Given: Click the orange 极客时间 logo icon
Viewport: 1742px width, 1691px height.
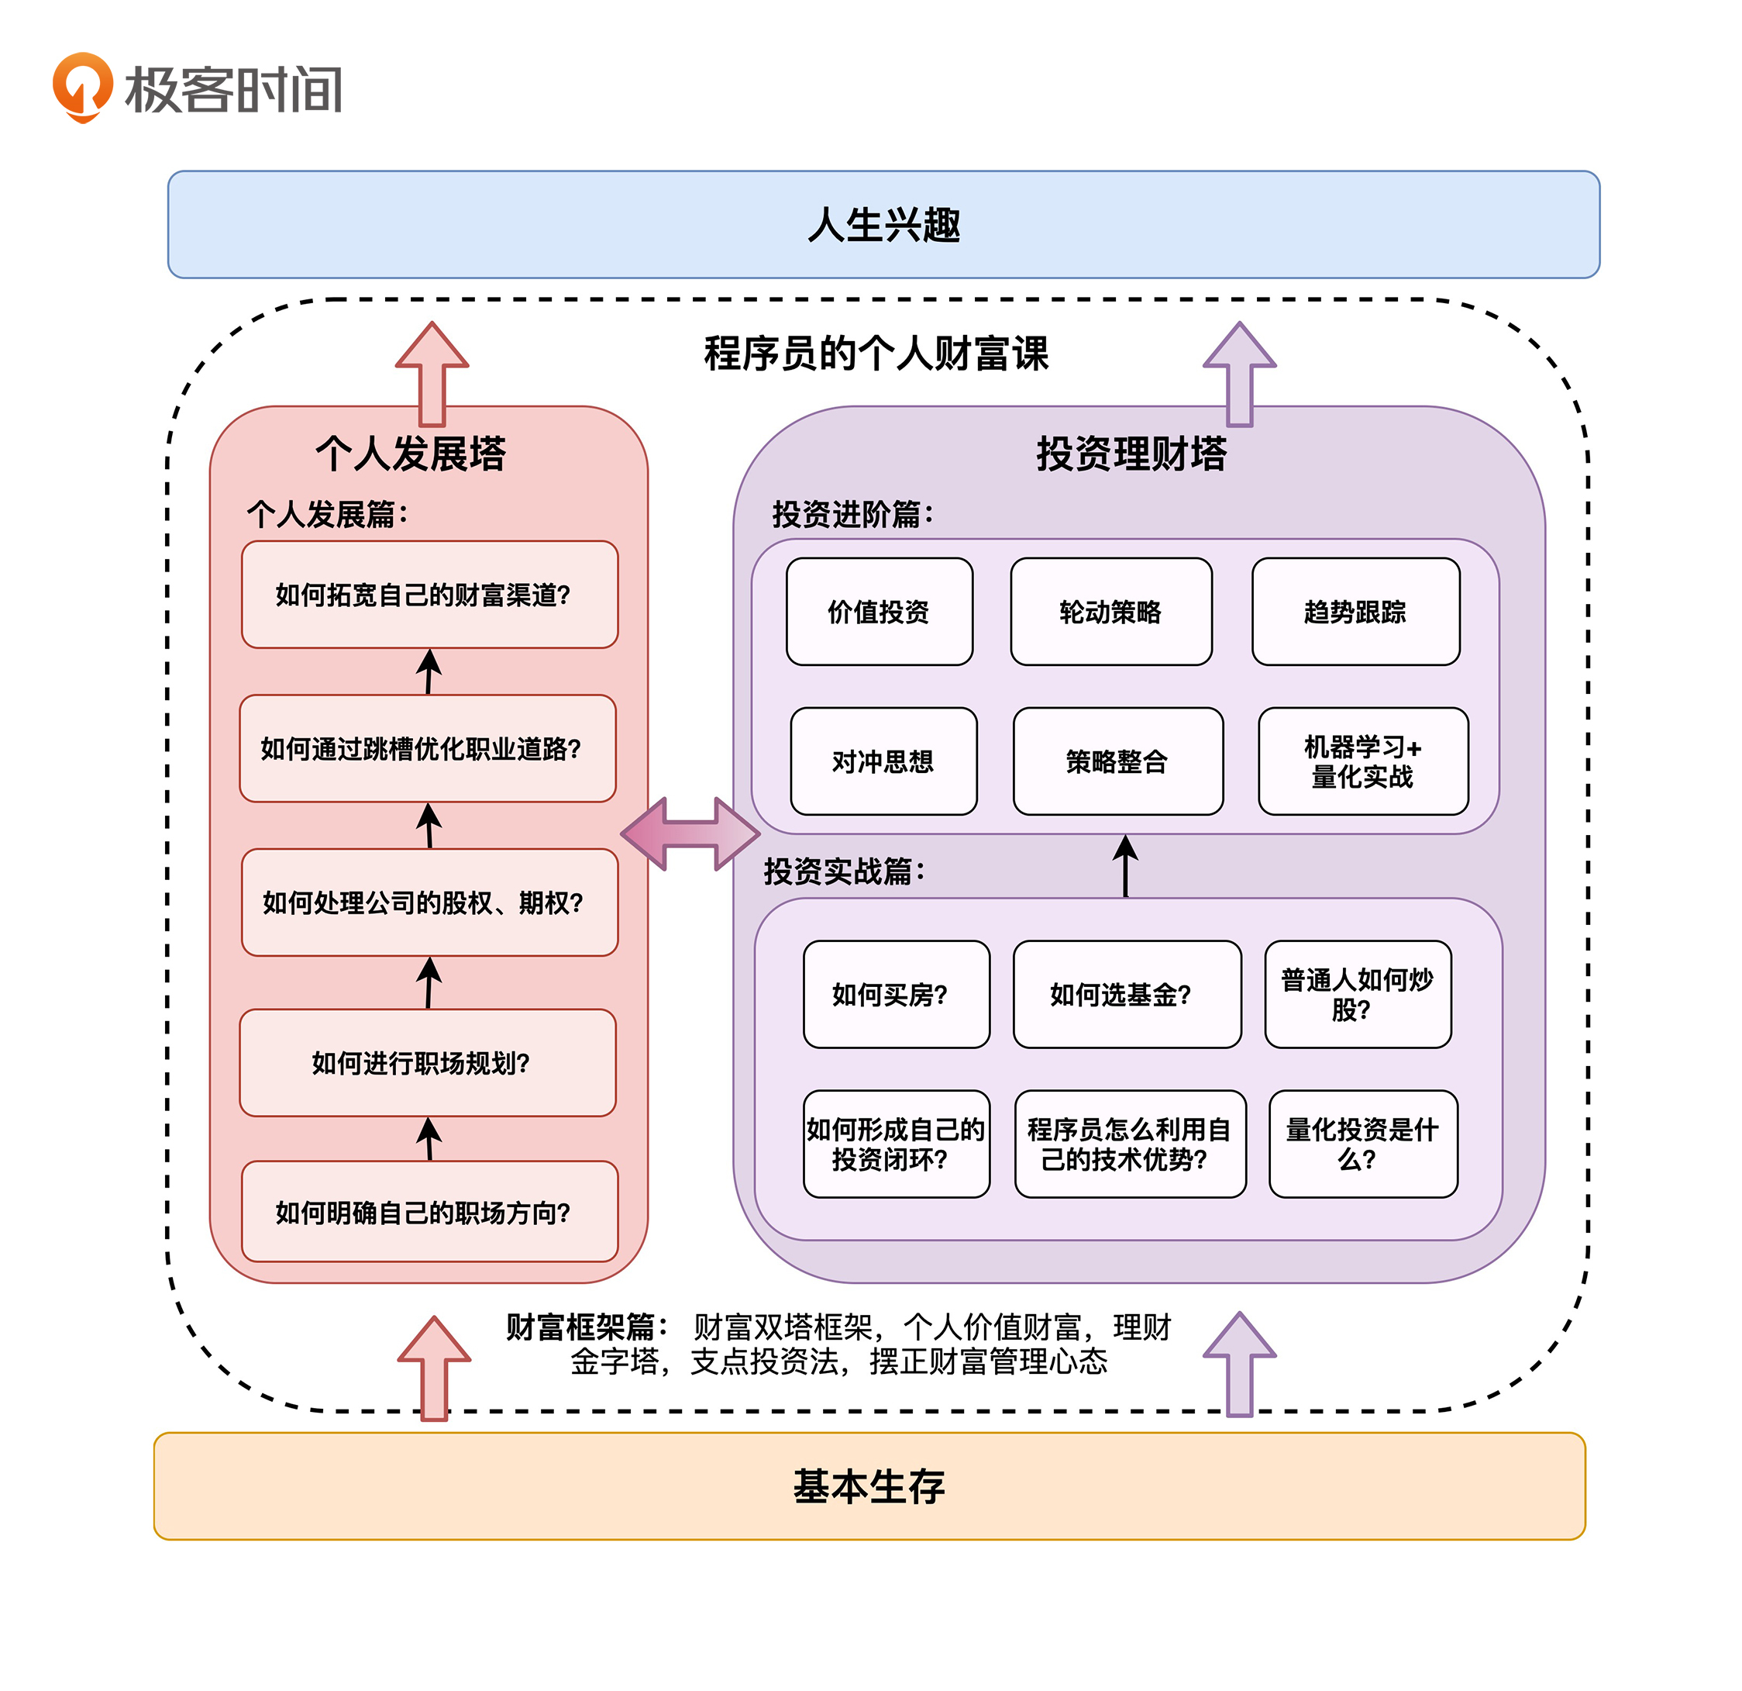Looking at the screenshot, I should [83, 86].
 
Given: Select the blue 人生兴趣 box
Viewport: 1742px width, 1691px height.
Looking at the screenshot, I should [883, 224].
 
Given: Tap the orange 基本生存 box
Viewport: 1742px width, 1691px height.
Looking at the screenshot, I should [869, 1486].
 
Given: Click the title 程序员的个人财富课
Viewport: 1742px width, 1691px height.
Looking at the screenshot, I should [876, 353].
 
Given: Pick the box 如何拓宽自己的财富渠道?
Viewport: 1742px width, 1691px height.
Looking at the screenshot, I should [429, 594].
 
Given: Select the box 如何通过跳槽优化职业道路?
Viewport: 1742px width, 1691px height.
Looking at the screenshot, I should [428, 749].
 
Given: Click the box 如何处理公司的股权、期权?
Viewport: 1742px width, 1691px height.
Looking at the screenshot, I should [429, 902].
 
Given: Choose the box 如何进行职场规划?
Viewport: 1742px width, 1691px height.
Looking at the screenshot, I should [428, 1062].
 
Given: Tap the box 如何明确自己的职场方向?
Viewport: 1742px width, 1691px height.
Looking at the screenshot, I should [429, 1212].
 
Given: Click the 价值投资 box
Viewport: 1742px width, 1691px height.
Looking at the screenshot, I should [879, 612].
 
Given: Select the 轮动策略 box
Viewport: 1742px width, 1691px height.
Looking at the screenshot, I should [1111, 612].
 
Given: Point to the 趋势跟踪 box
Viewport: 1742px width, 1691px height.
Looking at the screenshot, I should [1355, 612].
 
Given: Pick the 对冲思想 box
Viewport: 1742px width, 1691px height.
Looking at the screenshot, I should [883, 761].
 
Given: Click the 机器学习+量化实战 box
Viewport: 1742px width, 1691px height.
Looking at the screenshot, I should [1362, 761].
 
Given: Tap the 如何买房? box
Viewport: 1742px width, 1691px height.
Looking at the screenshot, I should [896, 994].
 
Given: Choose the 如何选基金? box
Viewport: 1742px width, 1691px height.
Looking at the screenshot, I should [1127, 994].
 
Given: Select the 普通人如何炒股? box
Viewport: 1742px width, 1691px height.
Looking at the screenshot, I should [1357, 994].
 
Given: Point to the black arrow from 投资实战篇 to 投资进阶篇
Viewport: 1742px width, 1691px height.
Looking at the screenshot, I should [1125, 866].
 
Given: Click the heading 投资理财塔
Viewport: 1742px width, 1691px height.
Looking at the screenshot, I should [1131, 454].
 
